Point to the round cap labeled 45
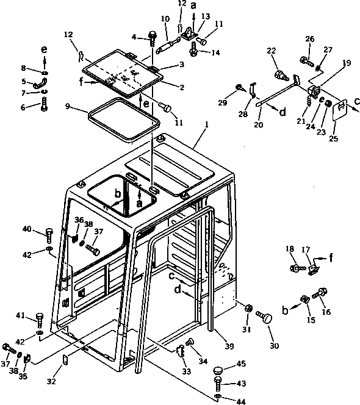tap(218, 371)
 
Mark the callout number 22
tap(272, 51)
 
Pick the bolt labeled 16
tap(320, 295)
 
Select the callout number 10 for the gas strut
tap(165, 20)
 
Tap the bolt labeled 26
tap(306, 61)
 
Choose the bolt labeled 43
tap(218, 384)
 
